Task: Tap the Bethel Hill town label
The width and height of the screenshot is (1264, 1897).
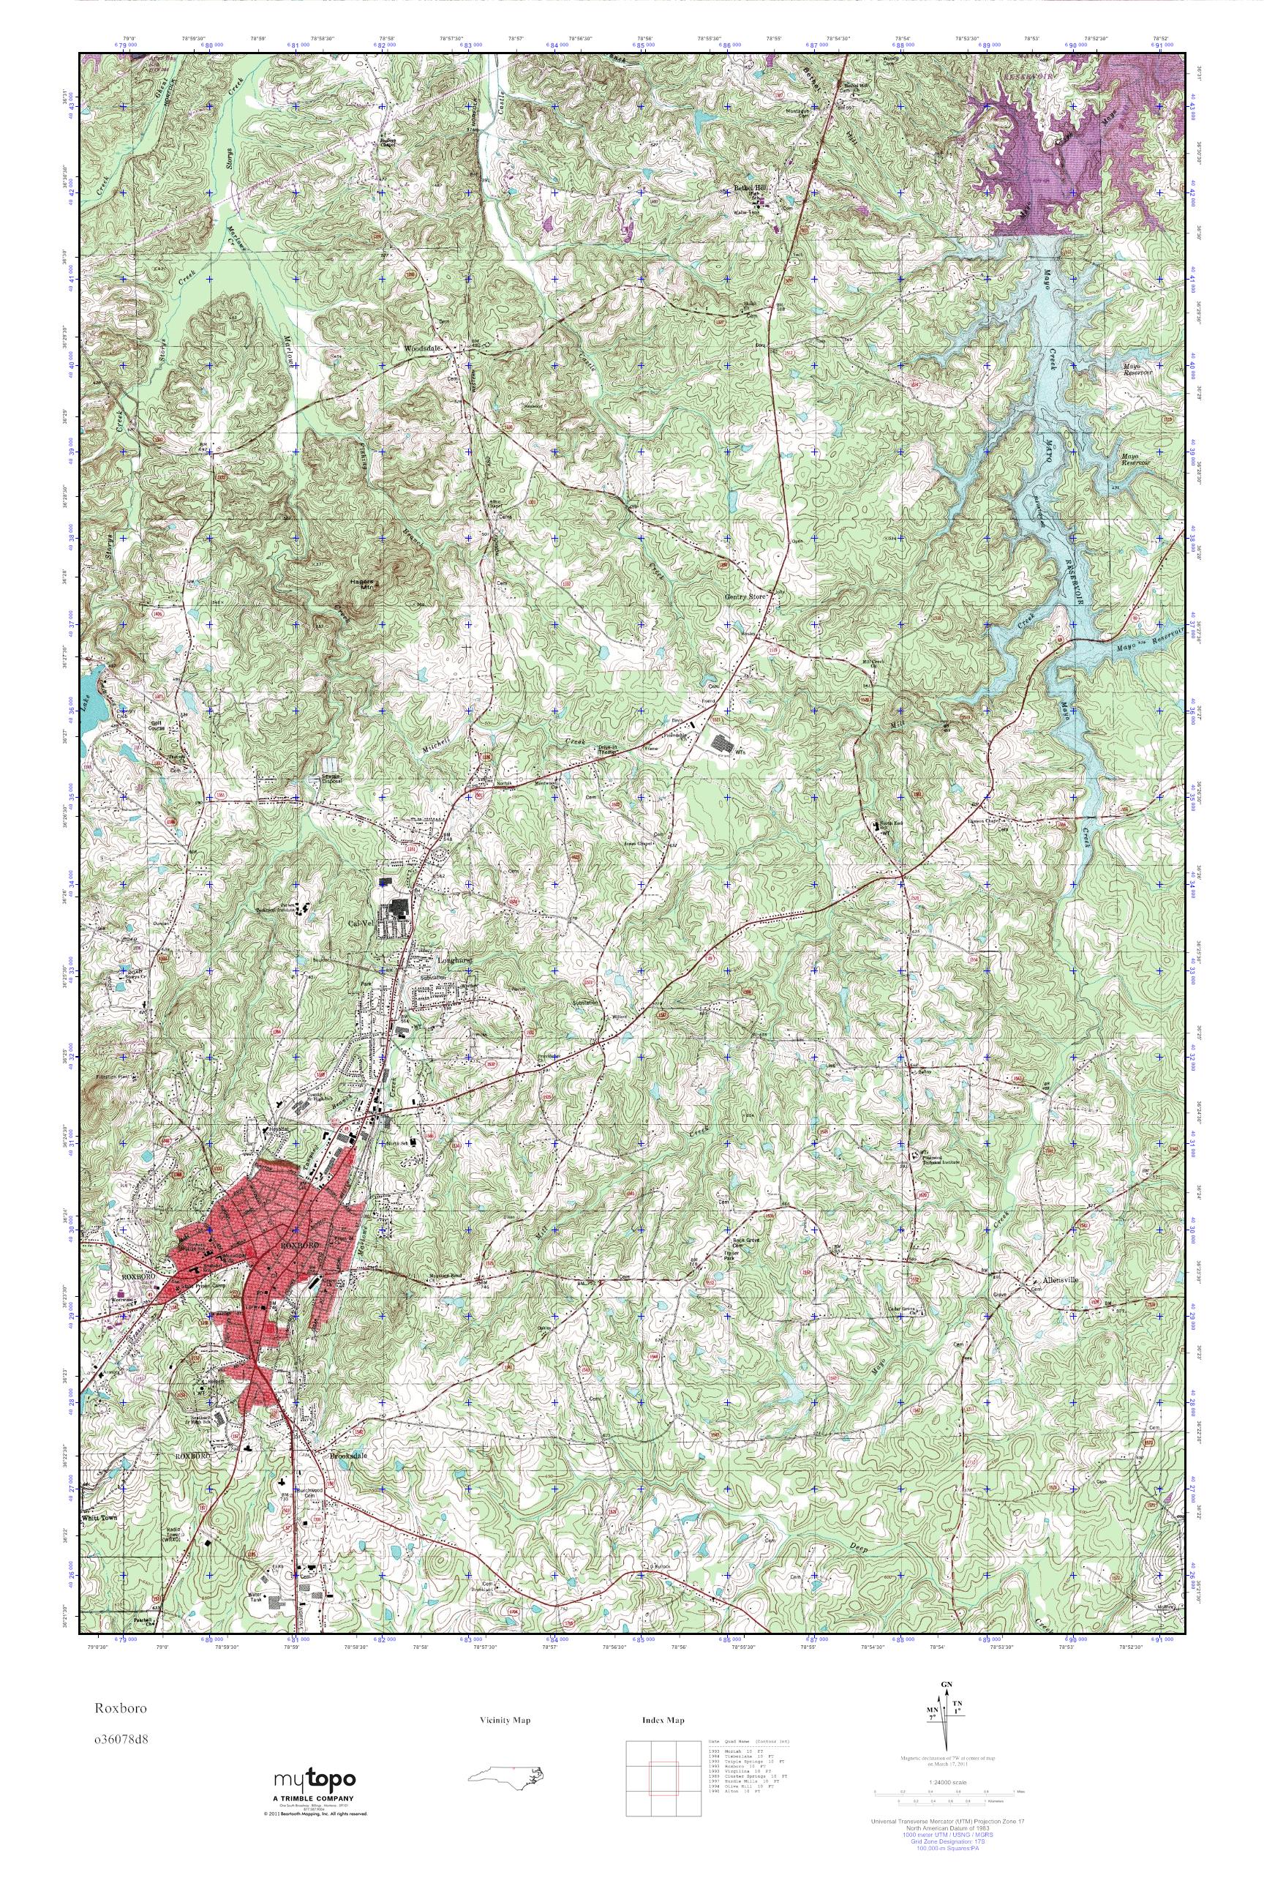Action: pos(748,189)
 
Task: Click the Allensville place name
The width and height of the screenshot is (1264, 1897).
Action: pos(1058,1281)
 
